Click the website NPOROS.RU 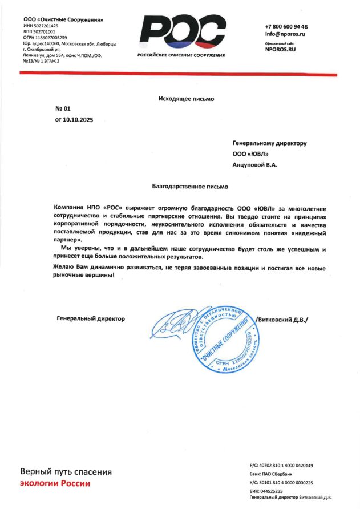(281, 50)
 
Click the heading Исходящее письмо (186, 99)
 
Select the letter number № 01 (62, 108)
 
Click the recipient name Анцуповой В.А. (254, 165)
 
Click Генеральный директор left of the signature (91, 318)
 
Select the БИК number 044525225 (278, 491)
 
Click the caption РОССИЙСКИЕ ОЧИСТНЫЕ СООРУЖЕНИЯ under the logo (181, 55)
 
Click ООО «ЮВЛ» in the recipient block (250, 154)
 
